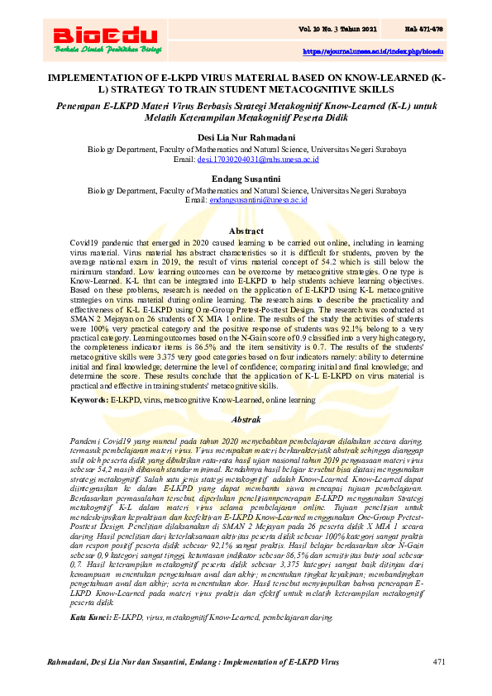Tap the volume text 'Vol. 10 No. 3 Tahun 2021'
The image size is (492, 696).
coord(339,30)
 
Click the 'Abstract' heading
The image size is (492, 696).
coord(246,230)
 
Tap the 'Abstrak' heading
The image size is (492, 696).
coord(246,420)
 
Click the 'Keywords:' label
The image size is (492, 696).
coord(89,399)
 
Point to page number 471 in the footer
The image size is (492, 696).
coord(439,663)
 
